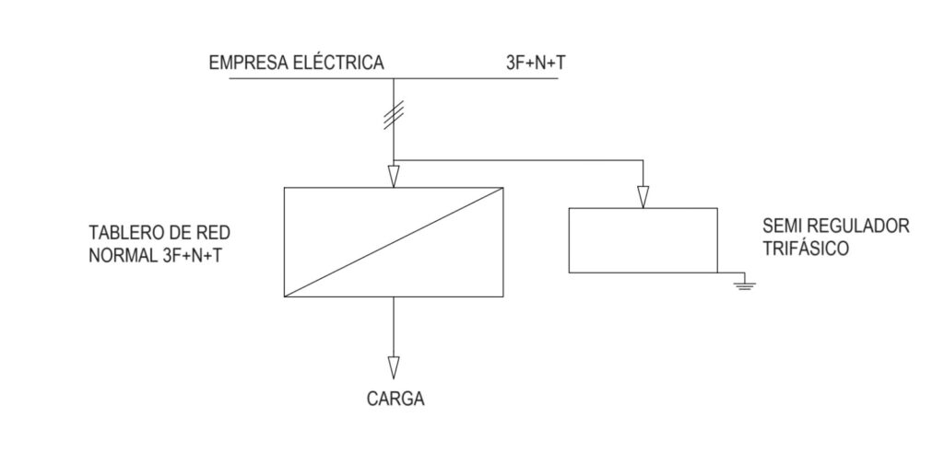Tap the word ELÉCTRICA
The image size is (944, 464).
pyautogui.click(x=337, y=62)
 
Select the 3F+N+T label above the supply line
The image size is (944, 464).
pyautogui.click(x=537, y=64)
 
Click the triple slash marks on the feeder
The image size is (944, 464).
pyautogui.click(x=394, y=115)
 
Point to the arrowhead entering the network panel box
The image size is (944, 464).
pyautogui.click(x=394, y=177)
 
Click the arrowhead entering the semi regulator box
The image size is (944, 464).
pyautogui.click(x=643, y=197)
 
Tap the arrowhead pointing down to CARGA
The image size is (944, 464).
pyautogui.click(x=394, y=368)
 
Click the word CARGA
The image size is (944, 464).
pyautogui.click(x=395, y=399)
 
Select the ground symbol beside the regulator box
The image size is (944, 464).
pyautogui.click(x=745, y=284)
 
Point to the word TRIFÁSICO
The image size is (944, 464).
pyautogui.click(x=806, y=249)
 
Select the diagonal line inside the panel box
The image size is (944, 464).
pyautogui.click(x=394, y=241)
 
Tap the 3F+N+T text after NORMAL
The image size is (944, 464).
pyautogui.click(x=192, y=255)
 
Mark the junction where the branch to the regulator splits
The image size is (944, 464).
pyautogui.click(x=394, y=160)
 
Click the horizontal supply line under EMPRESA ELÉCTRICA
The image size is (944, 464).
pyautogui.click(x=394, y=79)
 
